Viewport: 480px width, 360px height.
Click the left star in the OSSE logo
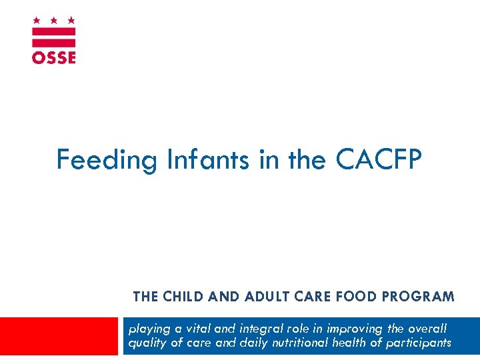click(x=37, y=21)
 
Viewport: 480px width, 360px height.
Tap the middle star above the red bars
click(x=54, y=21)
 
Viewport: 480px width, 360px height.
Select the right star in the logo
click(x=71, y=21)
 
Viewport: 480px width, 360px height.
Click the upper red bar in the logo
click(x=54, y=31)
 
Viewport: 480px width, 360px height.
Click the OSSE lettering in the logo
click(x=54, y=57)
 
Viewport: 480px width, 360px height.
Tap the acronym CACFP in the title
click(x=379, y=160)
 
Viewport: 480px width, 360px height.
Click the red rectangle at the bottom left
click(x=59, y=335)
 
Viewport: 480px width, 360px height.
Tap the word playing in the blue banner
click(x=148, y=329)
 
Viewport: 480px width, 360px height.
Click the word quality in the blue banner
click(x=146, y=343)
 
